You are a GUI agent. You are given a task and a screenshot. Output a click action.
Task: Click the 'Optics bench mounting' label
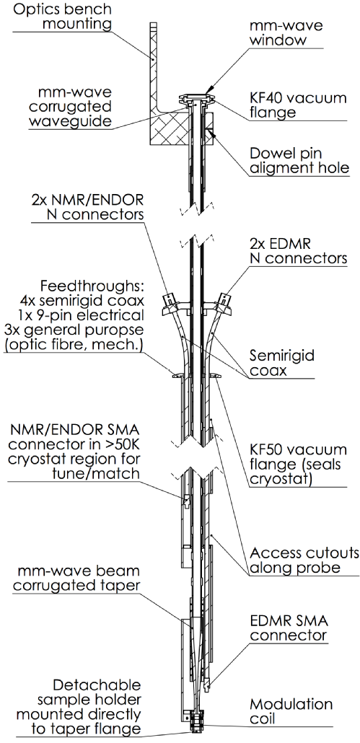pos(62,16)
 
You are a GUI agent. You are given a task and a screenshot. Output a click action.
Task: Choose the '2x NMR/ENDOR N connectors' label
pos(89,206)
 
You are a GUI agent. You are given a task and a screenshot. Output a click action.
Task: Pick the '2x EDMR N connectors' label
pos(299,251)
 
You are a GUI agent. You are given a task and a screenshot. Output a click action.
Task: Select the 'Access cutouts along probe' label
pos(304,560)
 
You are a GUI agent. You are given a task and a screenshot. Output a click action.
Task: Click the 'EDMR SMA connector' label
pos(289,627)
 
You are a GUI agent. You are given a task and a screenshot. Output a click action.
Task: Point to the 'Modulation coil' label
pos(291,711)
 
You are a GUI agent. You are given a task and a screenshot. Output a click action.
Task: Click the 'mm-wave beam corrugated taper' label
pos(76,578)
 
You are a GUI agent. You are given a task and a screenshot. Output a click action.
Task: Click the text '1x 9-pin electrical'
pos(84,315)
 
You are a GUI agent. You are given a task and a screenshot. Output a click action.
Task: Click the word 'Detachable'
pos(97,685)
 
